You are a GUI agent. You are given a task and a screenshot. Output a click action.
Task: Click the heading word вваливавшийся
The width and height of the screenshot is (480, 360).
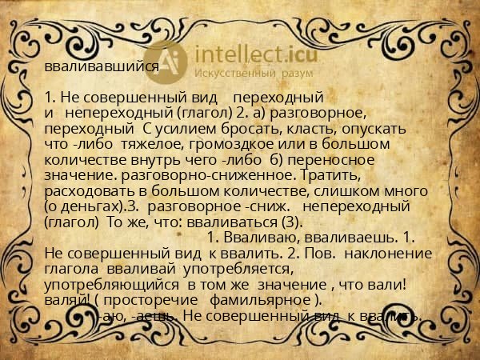pos(102,66)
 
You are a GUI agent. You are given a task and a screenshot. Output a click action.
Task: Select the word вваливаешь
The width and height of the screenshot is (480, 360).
pos(348,238)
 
